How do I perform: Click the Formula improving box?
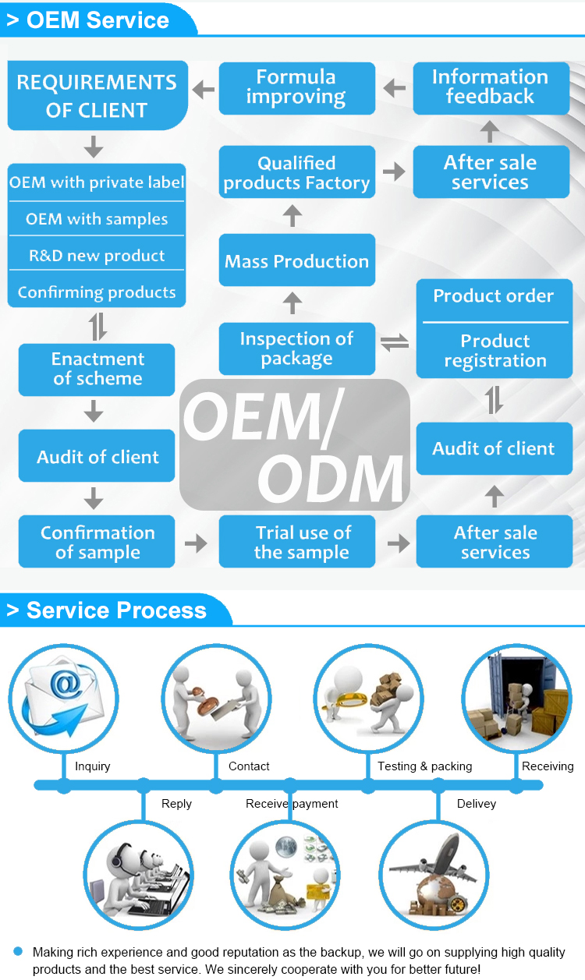[296, 88]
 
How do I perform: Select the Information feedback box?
[491, 87]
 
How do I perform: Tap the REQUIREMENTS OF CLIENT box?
[97, 95]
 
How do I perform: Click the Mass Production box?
[296, 261]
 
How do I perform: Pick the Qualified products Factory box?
[296, 172]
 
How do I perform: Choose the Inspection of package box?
[296, 348]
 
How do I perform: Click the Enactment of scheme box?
[97, 369]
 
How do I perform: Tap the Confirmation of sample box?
[97, 542]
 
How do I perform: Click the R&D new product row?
[97, 256]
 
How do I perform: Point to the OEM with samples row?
[97, 219]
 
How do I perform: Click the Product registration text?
[495, 351]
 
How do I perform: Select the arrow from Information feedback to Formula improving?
[395, 88]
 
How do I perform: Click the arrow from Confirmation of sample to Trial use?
[197, 543]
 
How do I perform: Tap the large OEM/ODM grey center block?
[295, 444]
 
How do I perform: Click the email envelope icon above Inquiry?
[62, 697]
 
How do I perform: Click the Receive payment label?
[292, 804]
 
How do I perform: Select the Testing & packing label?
[424, 766]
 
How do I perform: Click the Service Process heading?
[116, 610]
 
